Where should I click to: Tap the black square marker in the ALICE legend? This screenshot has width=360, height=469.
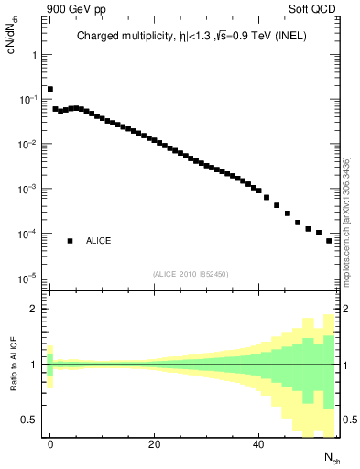pos(70,241)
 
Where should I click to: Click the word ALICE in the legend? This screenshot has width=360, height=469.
pos(99,241)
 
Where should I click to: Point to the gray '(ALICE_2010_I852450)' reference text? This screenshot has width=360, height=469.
pos(190,273)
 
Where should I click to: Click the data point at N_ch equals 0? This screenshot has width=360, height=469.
pos(50,89)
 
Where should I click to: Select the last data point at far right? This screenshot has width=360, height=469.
pos(329,240)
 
